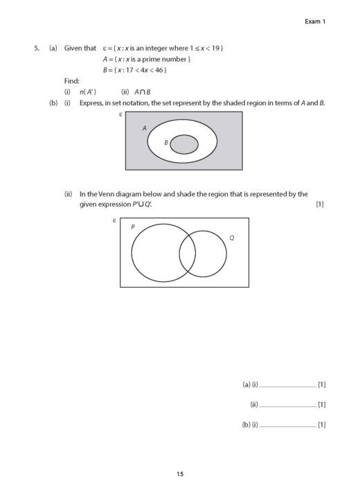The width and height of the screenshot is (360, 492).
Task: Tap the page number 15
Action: pos(180,474)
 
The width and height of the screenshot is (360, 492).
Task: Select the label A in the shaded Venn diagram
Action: pos(145,128)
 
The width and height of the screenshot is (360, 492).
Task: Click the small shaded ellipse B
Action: pos(184,144)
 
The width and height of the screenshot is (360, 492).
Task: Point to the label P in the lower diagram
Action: pos(133,227)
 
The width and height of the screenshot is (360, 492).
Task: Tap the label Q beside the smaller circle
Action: pos(231,238)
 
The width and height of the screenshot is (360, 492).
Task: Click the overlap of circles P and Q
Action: pos(187,254)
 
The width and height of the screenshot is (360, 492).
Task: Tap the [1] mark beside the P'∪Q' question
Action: pos(319,204)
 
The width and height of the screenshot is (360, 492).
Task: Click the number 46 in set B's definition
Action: pos(158,70)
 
